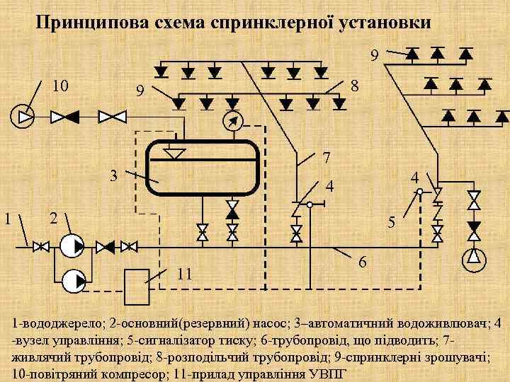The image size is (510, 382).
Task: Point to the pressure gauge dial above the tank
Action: point(232,121)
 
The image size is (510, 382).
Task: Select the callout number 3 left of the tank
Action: point(113,175)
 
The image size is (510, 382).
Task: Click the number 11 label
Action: point(185,274)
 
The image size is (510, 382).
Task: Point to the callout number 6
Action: point(362,262)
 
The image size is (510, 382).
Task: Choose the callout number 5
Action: point(391,222)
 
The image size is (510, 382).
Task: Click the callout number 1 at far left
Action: point(8,218)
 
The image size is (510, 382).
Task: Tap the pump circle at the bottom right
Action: point(473,260)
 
